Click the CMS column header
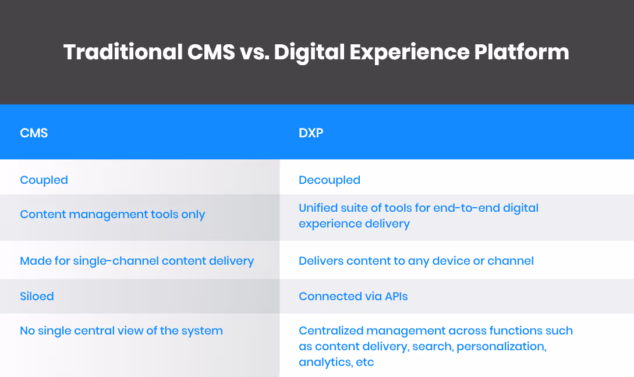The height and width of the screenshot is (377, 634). (34, 133)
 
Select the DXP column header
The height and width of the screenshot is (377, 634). (311, 133)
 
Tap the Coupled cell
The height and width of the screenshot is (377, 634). (44, 180)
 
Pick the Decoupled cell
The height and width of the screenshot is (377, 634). (330, 180)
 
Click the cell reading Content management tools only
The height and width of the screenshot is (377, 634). (112, 214)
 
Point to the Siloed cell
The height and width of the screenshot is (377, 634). (37, 296)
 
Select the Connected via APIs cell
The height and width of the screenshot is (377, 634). (353, 296)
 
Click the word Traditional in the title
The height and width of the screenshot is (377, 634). (122, 52)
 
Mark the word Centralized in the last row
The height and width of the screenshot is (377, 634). (335, 330)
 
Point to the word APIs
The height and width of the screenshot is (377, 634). (396, 296)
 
